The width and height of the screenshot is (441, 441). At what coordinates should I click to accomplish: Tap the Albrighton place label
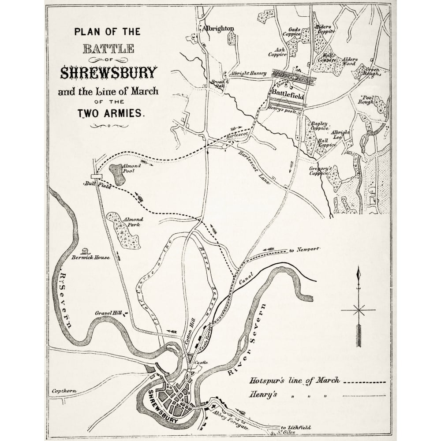(x=218, y=29)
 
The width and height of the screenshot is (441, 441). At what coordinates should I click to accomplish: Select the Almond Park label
(x=132, y=222)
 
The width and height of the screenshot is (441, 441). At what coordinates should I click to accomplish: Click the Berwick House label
(x=90, y=257)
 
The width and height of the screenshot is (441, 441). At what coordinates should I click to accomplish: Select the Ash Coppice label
(x=278, y=52)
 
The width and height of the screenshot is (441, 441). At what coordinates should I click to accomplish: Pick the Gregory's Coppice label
(x=320, y=171)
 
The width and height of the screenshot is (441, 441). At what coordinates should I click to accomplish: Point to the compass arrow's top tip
(x=359, y=268)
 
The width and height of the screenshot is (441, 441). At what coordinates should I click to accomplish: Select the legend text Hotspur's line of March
(x=295, y=381)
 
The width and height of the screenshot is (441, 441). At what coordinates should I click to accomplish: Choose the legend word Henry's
(x=263, y=394)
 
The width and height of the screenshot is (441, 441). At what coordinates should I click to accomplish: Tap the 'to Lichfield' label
(x=295, y=427)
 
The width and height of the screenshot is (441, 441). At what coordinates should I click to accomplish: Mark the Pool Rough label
(x=367, y=99)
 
